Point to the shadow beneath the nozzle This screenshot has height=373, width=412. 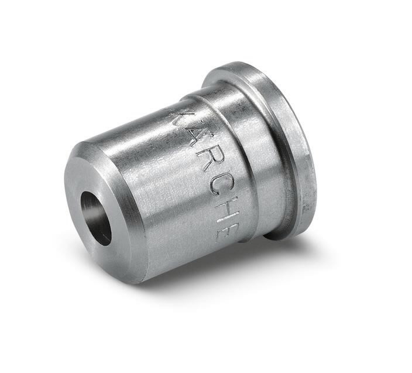(234, 269)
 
